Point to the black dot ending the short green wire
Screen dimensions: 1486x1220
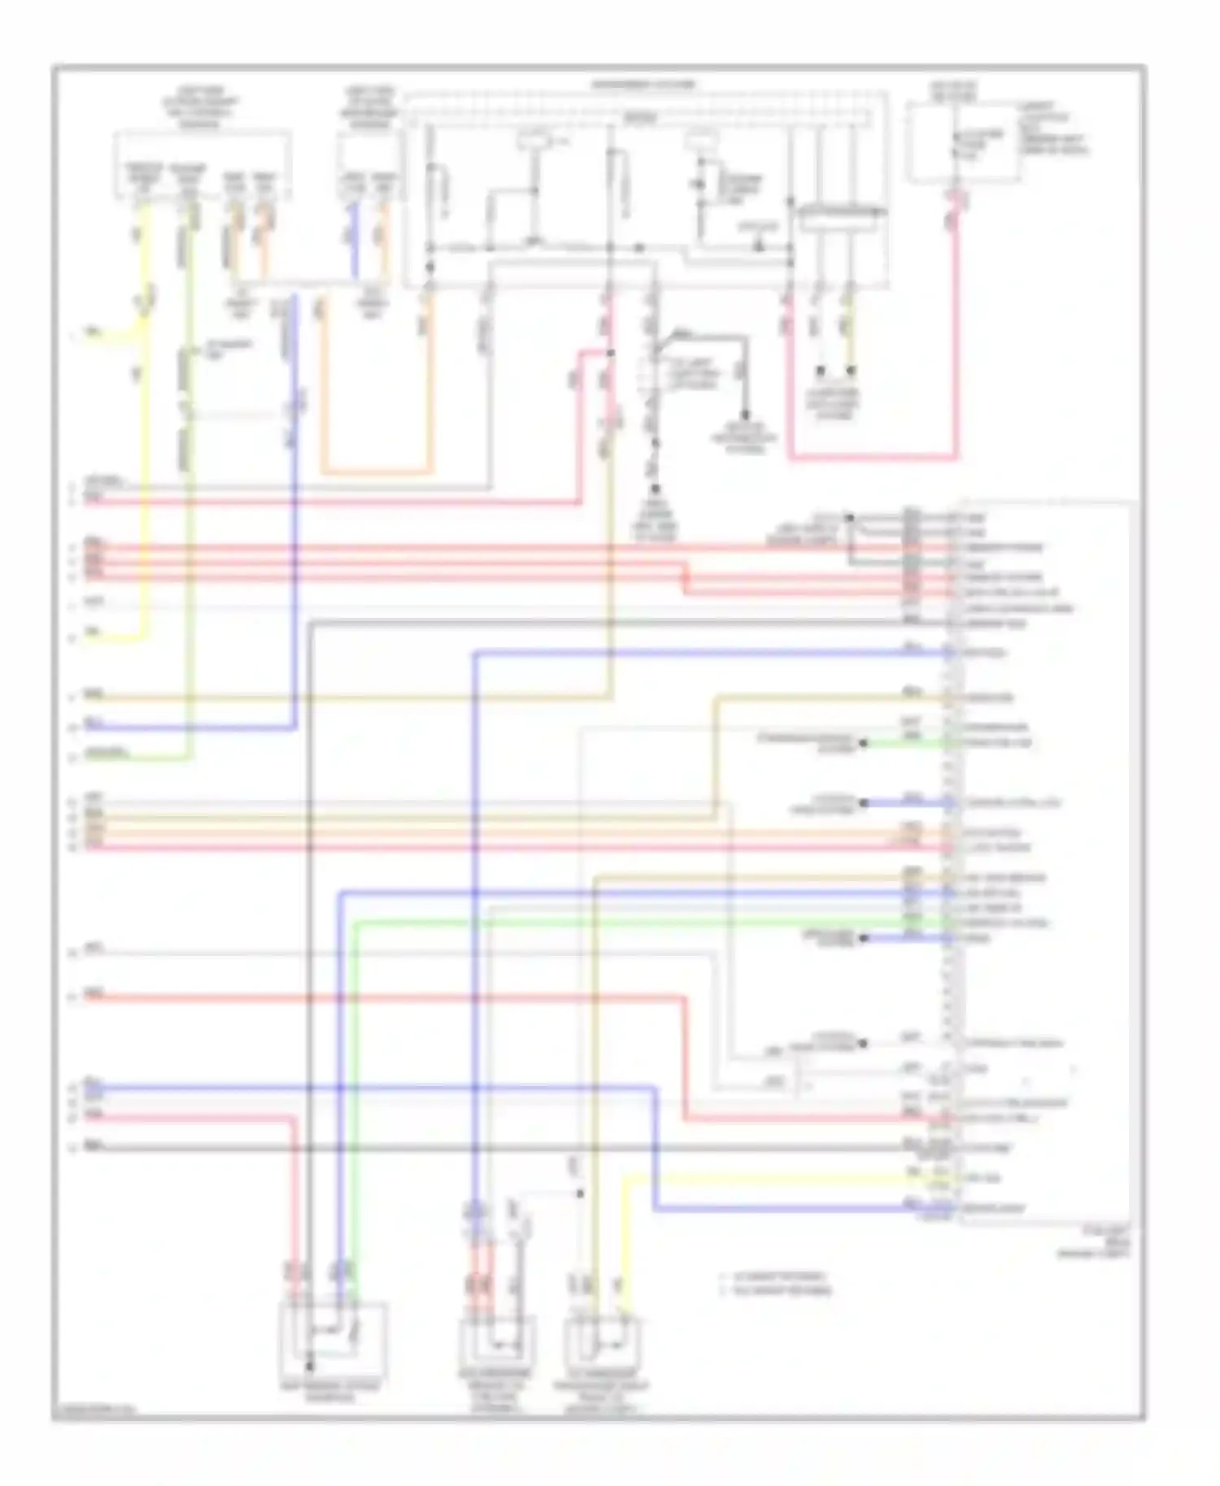864,743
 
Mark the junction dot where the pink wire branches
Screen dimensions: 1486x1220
611,352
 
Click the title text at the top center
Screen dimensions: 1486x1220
643,85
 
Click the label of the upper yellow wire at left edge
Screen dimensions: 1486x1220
94,332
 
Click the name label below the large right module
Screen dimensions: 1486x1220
1098,1244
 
